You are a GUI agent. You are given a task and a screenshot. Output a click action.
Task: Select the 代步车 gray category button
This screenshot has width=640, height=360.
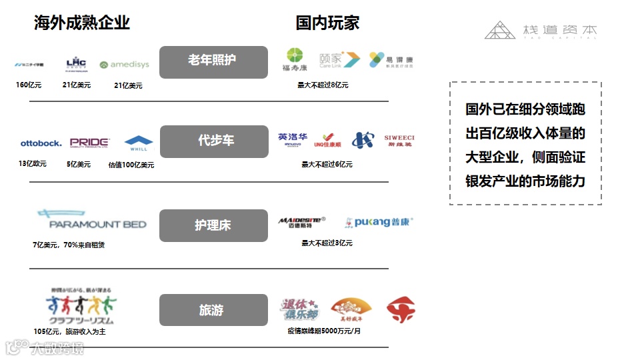click(x=213, y=141)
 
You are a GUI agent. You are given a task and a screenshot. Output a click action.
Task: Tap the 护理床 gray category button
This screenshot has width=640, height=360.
click(x=213, y=225)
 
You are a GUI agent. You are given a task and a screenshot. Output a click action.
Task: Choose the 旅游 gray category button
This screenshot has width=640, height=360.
click(x=213, y=310)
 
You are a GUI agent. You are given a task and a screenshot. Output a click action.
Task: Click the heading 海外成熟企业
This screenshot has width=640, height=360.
click(x=81, y=23)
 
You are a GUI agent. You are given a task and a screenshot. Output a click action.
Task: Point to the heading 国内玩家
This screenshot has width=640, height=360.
click(x=327, y=23)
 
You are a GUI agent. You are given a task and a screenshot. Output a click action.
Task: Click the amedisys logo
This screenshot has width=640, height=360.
click(x=125, y=65)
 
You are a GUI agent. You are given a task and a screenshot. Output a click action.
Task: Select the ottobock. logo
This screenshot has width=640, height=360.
click(x=41, y=143)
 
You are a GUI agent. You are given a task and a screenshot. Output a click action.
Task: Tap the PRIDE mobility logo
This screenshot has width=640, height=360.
click(x=89, y=143)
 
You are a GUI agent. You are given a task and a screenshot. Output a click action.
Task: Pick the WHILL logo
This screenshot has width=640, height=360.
click(x=139, y=143)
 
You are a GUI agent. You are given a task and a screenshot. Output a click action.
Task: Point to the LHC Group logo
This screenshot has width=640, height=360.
click(x=76, y=64)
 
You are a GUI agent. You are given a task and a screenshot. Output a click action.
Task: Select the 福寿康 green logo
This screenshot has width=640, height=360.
click(x=294, y=59)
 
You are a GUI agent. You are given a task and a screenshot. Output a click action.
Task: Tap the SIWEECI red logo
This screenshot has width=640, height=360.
click(x=399, y=141)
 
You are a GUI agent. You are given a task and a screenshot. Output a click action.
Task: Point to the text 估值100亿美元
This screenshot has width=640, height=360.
click(x=131, y=165)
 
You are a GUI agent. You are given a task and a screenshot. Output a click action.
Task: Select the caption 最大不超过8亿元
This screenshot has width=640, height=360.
click(x=323, y=85)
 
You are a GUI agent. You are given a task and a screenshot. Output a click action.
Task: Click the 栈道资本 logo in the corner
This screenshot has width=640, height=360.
click(x=541, y=30)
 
